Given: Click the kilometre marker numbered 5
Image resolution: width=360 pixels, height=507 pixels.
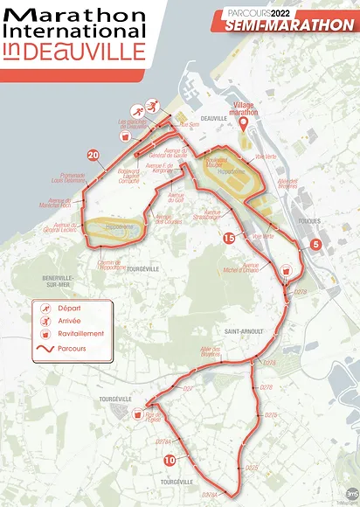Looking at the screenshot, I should [x=315, y=244].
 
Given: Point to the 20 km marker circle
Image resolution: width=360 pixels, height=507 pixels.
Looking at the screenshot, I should [x=93, y=156].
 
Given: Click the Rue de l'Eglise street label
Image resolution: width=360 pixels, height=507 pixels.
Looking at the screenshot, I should [x=153, y=417].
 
